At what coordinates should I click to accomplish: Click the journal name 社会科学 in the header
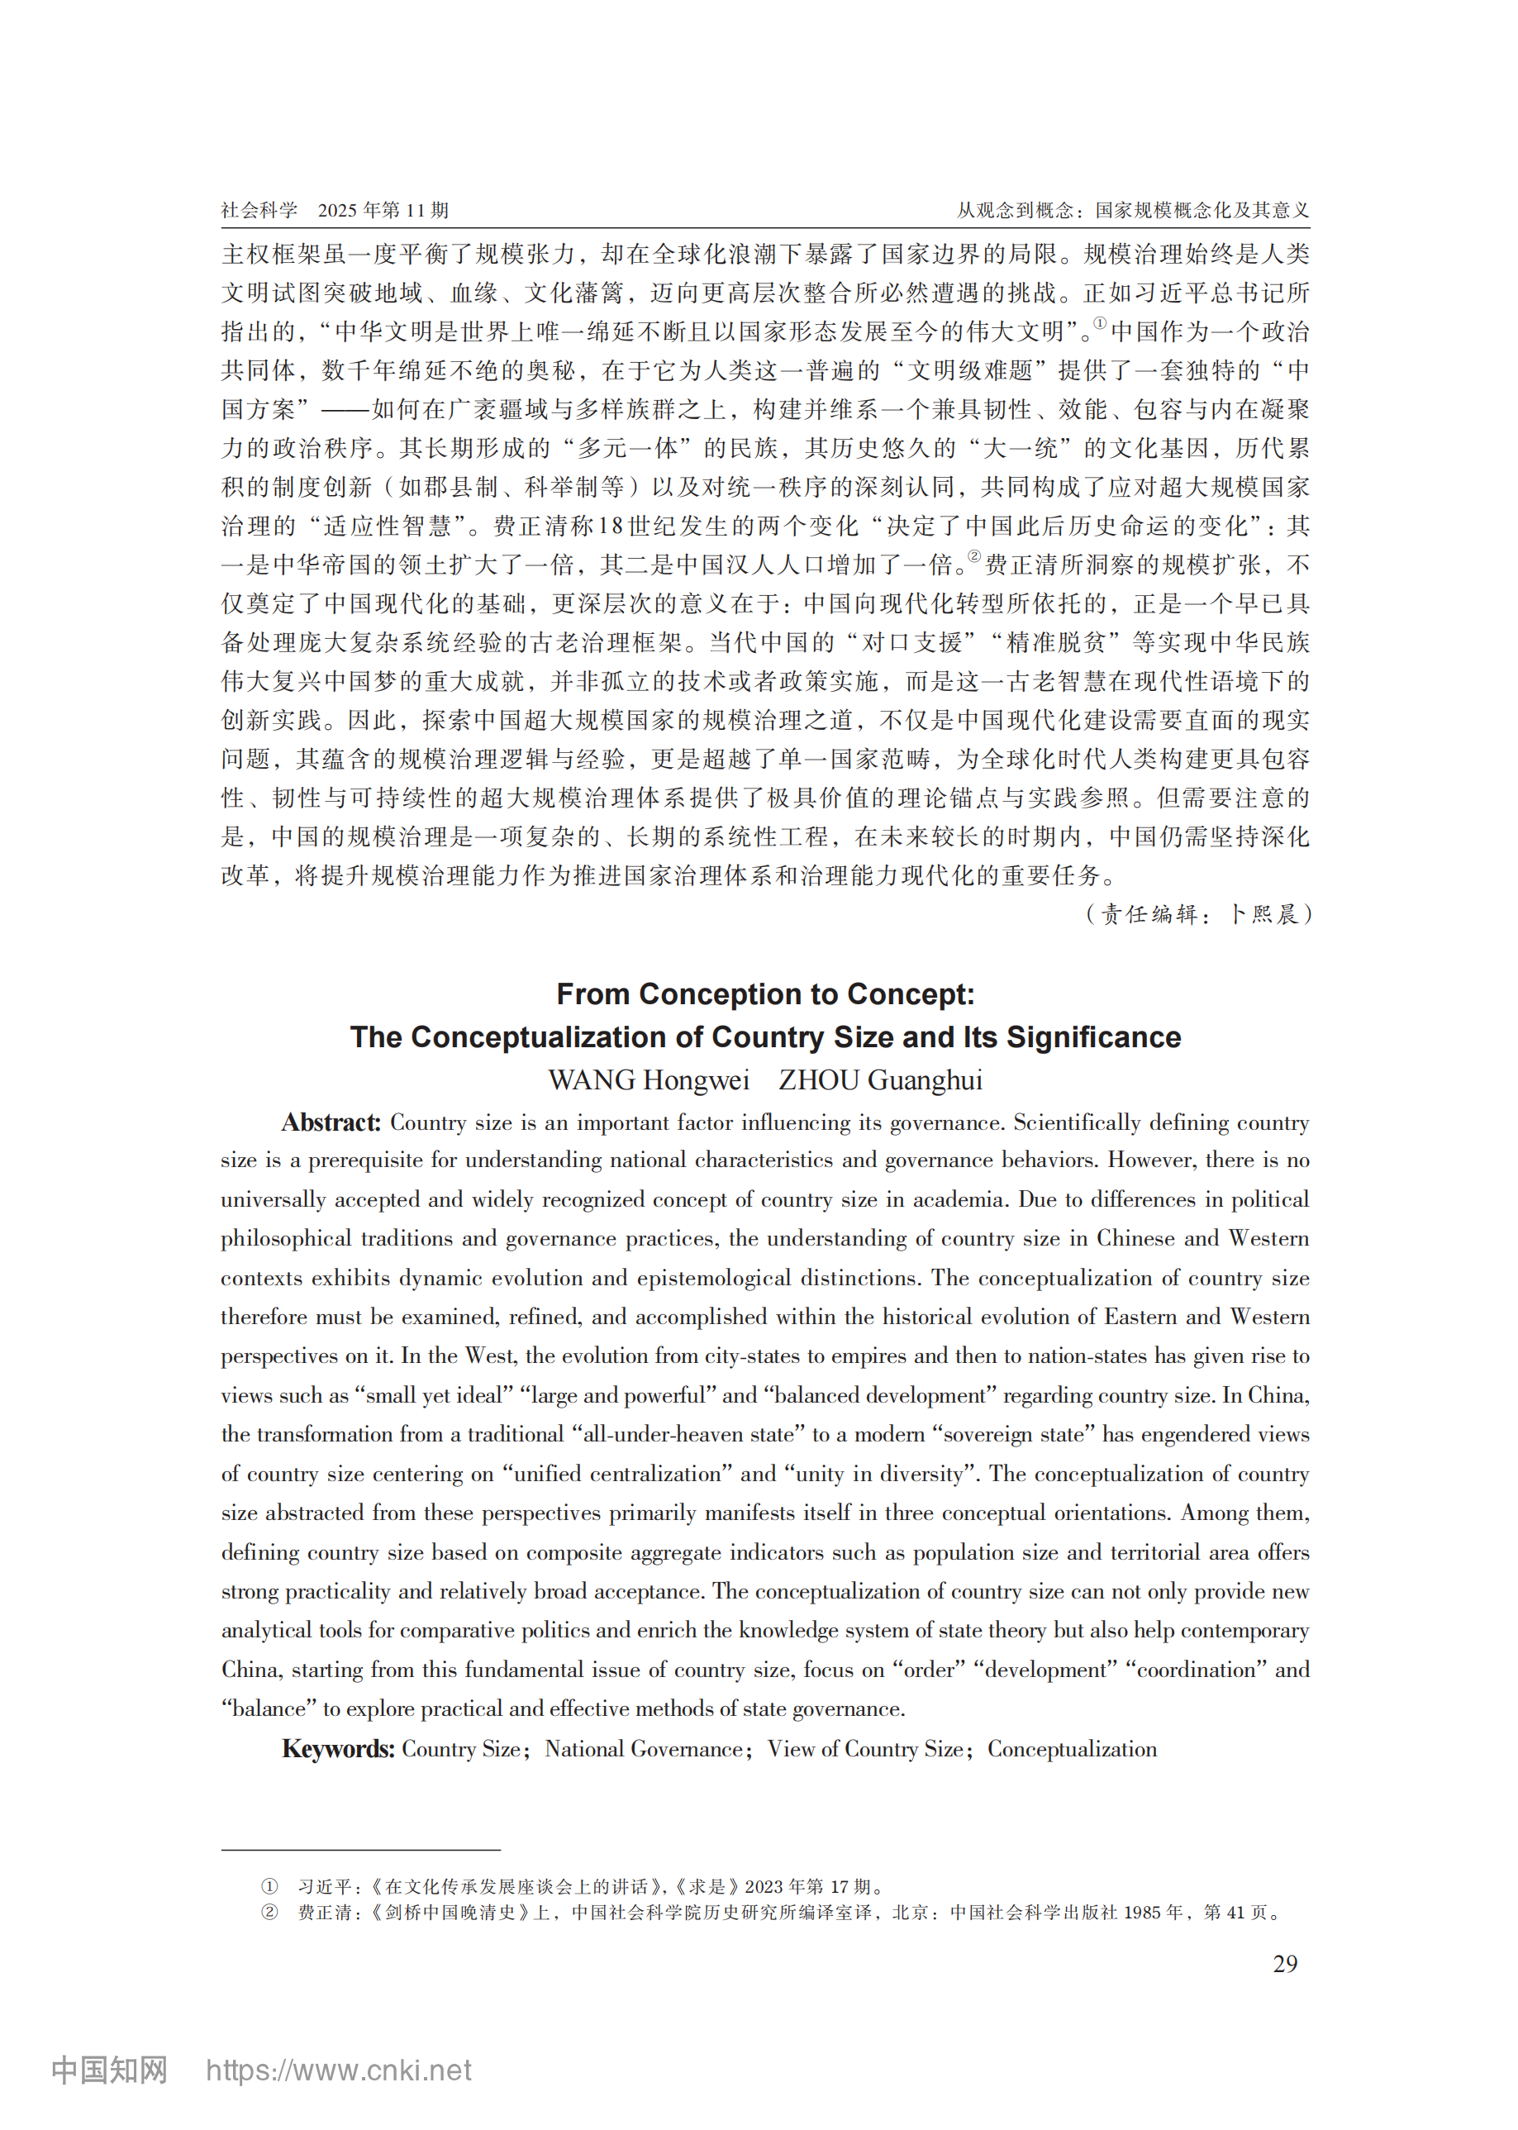coord(259,211)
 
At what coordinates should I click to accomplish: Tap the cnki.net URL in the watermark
coord(338,2070)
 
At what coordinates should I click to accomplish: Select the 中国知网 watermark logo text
coord(109,2070)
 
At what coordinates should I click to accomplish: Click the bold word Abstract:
coord(331,1122)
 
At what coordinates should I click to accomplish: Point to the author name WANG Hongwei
coord(649,1080)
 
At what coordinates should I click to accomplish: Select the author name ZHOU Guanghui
coord(881,1080)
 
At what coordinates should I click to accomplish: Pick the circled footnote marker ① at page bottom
coord(269,1886)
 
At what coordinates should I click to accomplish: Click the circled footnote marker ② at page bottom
coord(269,1912)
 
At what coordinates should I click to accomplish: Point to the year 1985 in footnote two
coord(1143,1912)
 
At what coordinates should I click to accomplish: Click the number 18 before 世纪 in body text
coord(611,527)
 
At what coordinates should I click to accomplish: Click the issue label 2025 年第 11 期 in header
coord(383,211)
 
